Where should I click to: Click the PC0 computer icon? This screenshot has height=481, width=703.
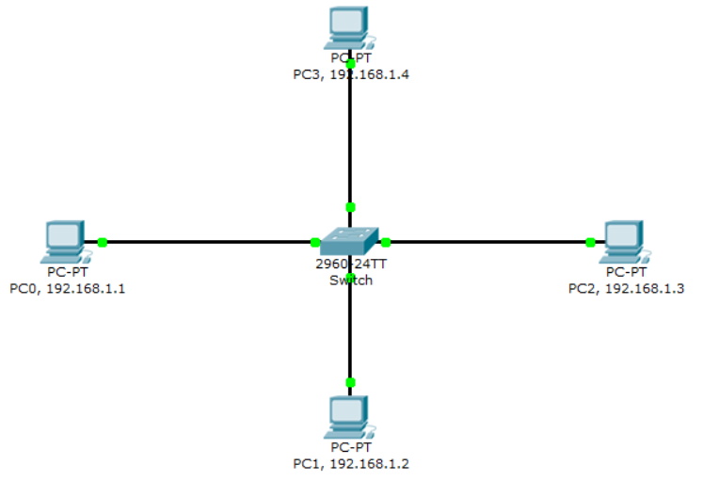[64, 241]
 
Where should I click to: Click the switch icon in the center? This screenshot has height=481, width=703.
[349, 242]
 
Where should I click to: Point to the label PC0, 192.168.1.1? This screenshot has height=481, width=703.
[67, 289]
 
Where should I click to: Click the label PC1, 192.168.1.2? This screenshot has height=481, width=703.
[351, 464]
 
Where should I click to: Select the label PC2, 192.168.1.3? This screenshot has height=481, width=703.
[626, 289]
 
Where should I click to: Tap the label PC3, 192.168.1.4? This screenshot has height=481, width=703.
[351, 74]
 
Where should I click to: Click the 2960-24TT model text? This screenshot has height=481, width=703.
[350, 265]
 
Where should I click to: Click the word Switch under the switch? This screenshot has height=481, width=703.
[350, 281]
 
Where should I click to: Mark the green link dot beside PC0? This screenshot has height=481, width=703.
[103, 242]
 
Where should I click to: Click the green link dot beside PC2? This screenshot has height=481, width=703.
[590, 242]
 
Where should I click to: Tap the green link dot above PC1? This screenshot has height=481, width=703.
[350, 382]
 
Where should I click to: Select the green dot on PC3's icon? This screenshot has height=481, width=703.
[350, 63]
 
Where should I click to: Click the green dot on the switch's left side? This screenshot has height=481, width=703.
[315, 242]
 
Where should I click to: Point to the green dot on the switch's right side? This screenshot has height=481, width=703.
[385, 242]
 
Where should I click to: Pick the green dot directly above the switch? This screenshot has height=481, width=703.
[350, 207]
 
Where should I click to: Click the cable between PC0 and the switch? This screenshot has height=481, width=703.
[207, 242]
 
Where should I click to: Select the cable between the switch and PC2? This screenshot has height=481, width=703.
[489, 242]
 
